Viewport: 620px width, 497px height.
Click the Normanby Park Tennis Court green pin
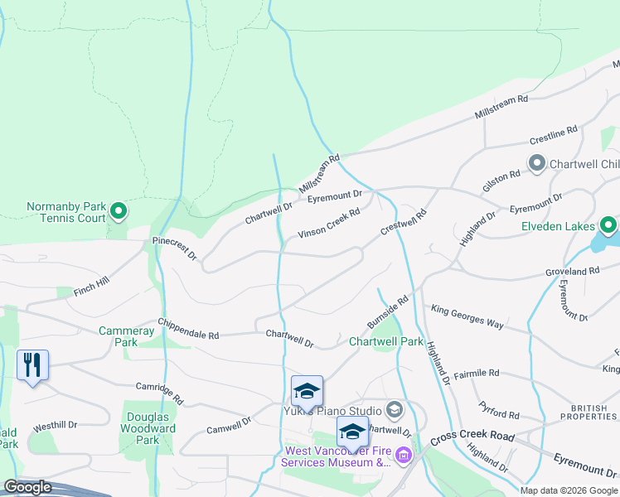click(x=119, y=212)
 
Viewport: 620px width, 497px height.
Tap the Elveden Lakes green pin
click(x=608, y=225)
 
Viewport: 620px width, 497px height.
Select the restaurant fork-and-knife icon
click(x=32, y=364)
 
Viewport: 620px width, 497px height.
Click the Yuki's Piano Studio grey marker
click(x=394, y=410)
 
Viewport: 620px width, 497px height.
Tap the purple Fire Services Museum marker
click(x=404, y=455)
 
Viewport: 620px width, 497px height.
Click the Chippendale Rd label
click(x=188, y=330)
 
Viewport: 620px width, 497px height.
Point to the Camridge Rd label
click(x=160, y=393)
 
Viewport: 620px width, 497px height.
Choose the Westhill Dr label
click(x=55, y=426)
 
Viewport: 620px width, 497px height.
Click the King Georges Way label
click(x=467, y=317)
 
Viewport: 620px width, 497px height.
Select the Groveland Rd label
click(x=572, y=271)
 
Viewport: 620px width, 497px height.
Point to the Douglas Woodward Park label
click(x=149, y=429)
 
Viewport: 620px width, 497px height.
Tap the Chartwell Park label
click(x=385, y=341)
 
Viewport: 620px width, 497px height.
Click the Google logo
click(x=27, y=487)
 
